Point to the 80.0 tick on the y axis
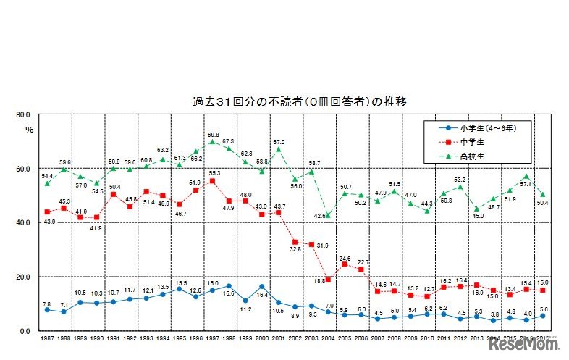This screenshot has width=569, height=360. [21, 114]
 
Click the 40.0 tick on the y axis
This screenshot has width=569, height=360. [21, 223]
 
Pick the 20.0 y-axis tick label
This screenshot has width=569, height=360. [21, 277]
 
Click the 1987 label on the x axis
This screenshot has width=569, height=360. [47, 339]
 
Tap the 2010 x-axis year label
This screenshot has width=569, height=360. [426, 339]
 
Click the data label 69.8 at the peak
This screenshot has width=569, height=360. [213, 134]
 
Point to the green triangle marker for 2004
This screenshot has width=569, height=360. [327, 215]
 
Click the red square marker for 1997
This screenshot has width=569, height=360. [212, 181]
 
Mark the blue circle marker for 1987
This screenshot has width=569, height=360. [47, 309]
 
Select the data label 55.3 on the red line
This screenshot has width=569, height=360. [215, 173]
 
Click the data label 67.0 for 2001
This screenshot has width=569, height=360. [279, 142]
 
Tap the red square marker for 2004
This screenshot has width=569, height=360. [327, 280]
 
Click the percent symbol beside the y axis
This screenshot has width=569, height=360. [29, 130]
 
